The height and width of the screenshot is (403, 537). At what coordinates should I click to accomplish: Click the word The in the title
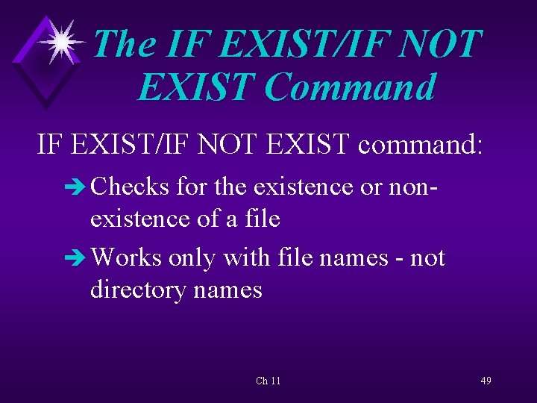[124, 44]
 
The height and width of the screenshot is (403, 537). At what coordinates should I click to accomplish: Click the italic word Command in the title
[350, 87]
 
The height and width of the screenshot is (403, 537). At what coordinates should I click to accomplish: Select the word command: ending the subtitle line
[421, 143]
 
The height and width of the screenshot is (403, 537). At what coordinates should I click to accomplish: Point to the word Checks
[131, 186]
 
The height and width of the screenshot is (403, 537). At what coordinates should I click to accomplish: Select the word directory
[139, 289]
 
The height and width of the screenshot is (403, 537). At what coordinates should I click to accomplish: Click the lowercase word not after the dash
[427, 257]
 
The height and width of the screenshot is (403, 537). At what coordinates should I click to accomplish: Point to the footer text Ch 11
[268, 381]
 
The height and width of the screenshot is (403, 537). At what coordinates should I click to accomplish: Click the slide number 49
[486, 381]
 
